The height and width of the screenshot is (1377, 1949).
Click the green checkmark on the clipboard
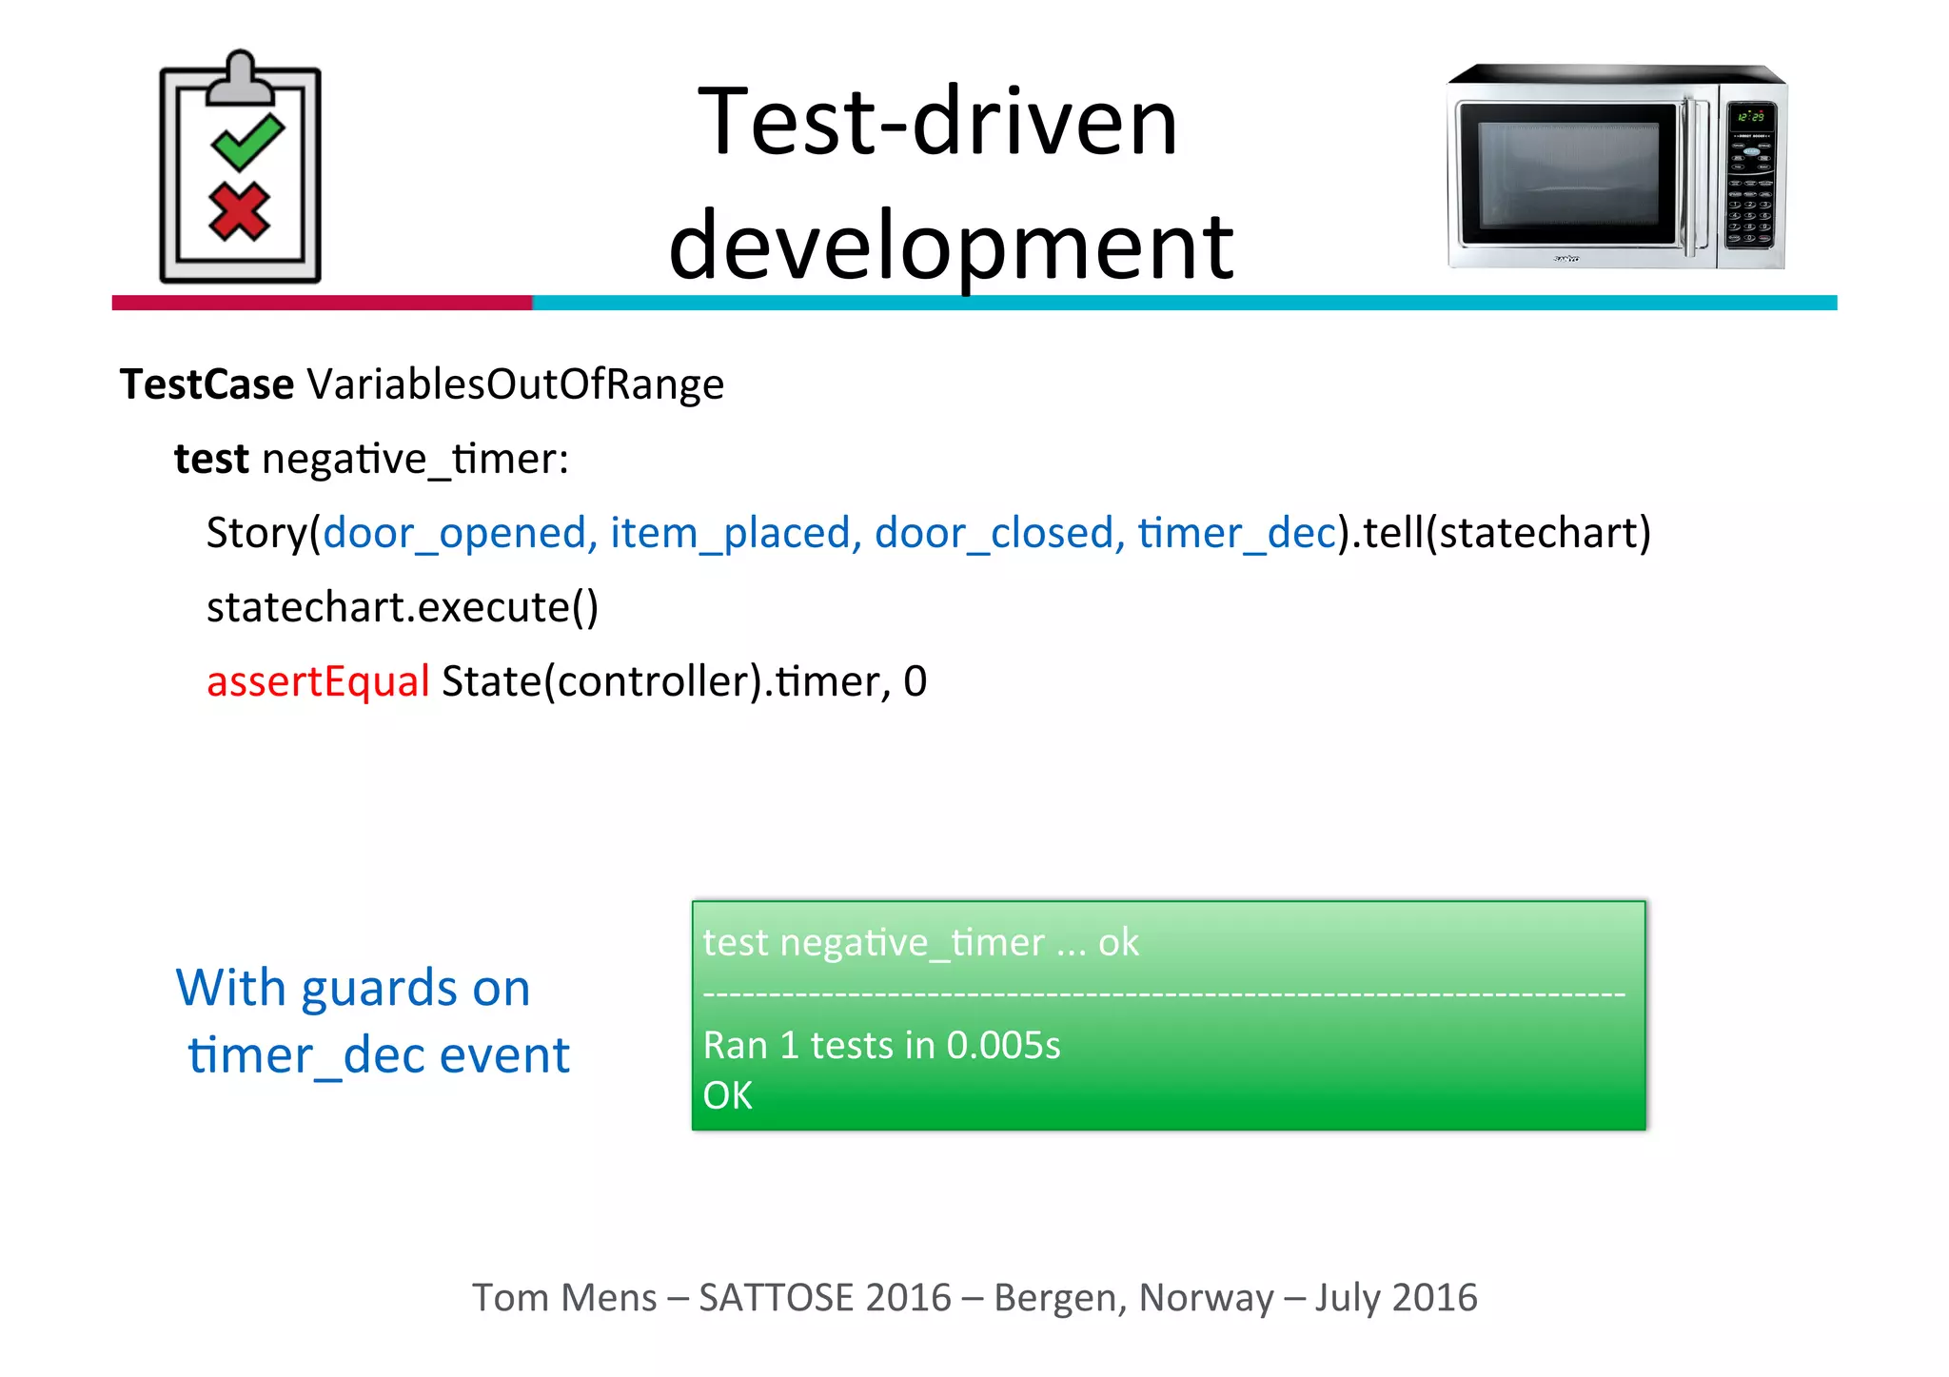(247, 142)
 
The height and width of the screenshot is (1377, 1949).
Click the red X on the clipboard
(239, 211)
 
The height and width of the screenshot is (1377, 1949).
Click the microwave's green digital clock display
(1750, 116)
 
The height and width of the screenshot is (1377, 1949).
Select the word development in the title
(951, 246)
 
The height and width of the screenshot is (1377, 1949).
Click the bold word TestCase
(207, 384)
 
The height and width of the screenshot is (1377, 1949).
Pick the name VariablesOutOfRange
(515, 384)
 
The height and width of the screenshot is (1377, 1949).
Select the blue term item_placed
(729, 533)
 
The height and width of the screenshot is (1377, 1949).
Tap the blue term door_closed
(993, 533)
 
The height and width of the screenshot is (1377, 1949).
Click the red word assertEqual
(318, 681)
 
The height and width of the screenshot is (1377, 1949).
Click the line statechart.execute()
(402, 607)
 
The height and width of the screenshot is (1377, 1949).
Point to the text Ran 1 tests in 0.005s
(881, 1045)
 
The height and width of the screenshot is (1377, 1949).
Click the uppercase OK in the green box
(727, 1095)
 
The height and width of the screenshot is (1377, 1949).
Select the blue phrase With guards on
(353, 988)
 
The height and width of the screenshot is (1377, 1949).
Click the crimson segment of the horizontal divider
(322, 303)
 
